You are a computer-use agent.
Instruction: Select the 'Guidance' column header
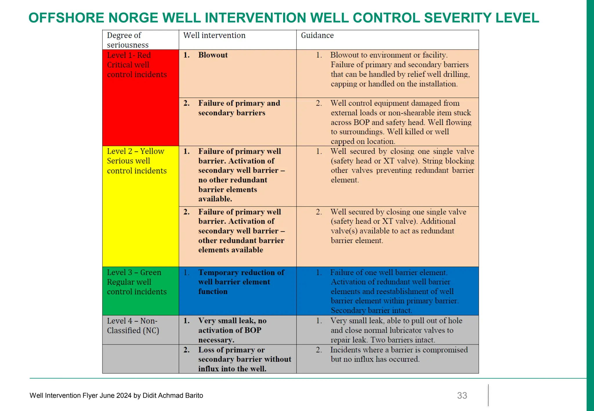317,35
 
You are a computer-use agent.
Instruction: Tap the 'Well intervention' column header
214,35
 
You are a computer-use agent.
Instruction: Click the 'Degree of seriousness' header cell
128,40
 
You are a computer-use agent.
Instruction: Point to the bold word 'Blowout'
213,55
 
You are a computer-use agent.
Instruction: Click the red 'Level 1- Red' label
129,55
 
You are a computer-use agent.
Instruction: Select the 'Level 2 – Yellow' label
135,151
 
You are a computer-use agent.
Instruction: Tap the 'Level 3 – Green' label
134,272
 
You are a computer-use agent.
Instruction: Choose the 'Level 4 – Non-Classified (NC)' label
133,325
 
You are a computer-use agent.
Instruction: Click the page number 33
462,395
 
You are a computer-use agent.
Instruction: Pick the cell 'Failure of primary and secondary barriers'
239,108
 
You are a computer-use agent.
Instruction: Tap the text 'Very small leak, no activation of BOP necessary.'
232,330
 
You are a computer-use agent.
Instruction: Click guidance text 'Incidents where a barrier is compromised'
399,350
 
